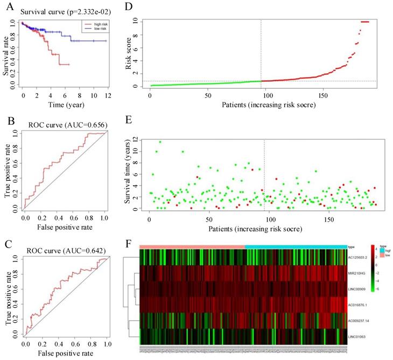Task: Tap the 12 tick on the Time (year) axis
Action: tap(109, 94)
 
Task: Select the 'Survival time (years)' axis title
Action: tap(128, 172)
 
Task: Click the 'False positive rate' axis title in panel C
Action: tap(65, 354)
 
